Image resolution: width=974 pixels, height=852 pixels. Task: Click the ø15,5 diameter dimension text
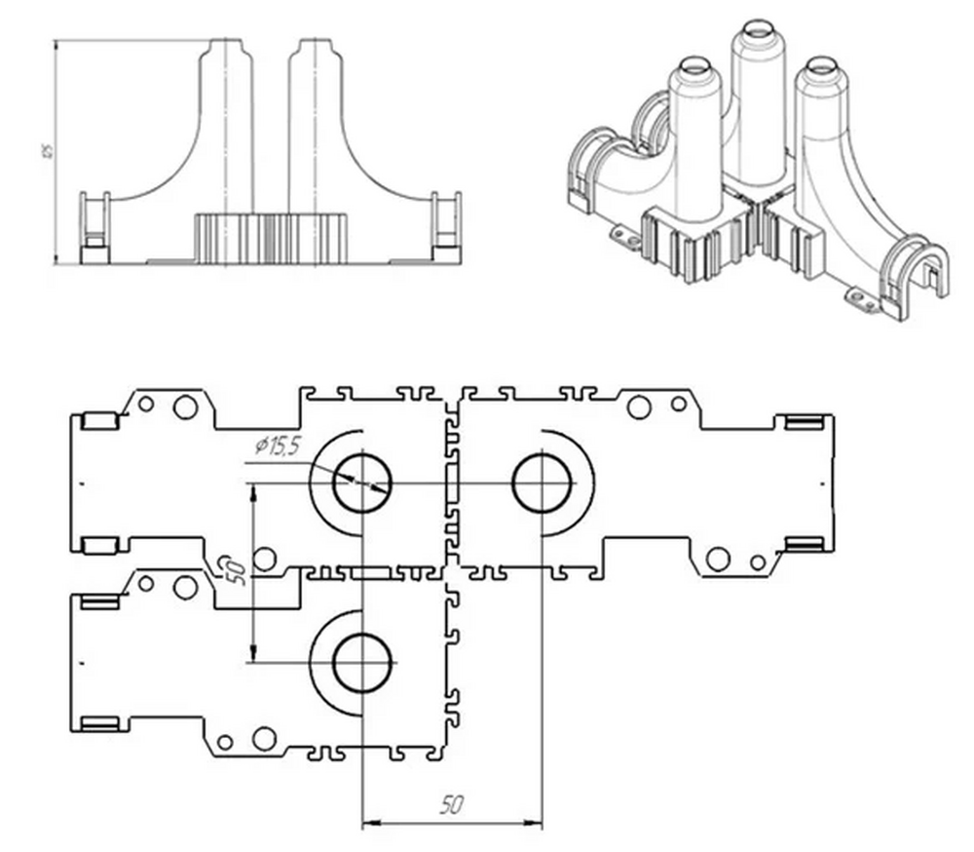click(275, 445)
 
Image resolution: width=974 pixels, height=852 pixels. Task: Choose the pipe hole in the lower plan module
click(361, 662)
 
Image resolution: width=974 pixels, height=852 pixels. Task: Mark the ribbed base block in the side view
click(273, 237)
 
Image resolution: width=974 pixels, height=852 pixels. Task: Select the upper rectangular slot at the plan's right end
click(805, 422)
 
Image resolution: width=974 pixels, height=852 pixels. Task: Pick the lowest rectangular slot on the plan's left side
click(101, 723)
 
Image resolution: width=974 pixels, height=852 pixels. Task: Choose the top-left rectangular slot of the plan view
click(99, 421)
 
